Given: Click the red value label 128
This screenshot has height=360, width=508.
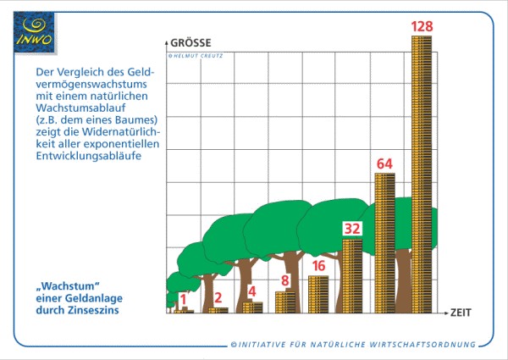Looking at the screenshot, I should [422, 26].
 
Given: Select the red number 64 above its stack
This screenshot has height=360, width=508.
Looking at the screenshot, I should [384, 163].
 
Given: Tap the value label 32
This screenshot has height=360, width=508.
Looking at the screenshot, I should [352, 229].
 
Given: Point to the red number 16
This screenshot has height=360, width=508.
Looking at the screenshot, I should [318, 266].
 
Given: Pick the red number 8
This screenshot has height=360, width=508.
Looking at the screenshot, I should [285, 280].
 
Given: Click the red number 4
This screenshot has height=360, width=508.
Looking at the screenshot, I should [251, 291].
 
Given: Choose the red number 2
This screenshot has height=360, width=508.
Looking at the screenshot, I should [218, 297].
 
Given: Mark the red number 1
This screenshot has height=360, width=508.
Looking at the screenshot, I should [183, 299].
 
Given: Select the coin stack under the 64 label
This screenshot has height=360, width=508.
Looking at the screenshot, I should [384, 242].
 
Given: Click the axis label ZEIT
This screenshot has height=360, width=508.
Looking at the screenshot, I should [461, 313].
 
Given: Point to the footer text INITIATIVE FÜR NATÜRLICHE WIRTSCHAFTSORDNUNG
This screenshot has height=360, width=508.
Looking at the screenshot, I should [353, 344].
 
